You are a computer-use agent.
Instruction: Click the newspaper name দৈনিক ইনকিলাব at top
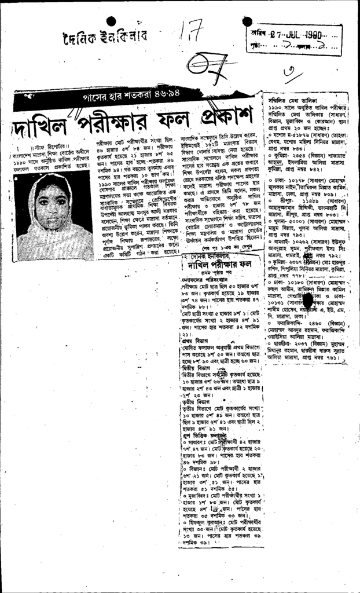coord(104,38)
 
